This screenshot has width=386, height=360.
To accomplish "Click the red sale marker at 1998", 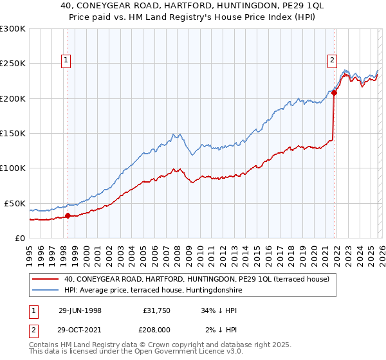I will (68, 215).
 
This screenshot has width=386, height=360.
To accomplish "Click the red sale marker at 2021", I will (334, 93).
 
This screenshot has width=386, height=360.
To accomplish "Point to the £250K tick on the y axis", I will (13, 64).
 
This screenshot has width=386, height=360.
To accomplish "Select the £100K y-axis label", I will (13, 168).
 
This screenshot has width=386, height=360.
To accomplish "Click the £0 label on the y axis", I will (19, 238).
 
